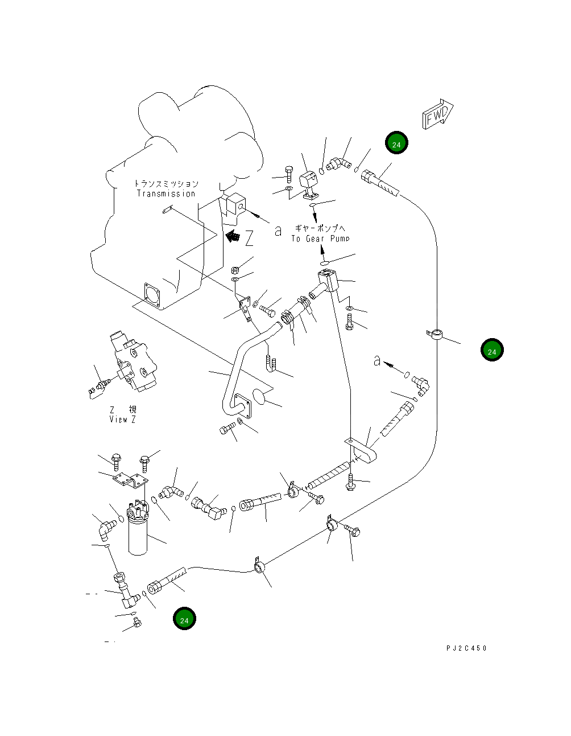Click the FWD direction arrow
coord(437,114)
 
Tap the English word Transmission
coord(166,194)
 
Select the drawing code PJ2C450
coord(466,648)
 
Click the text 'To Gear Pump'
coord(320,239)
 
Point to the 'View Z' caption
coord(122,420)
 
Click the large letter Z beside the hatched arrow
coord(249,238)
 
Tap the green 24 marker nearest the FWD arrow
coord(396,143)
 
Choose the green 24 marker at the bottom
coord(184,619)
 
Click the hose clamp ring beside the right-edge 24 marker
coord(435,334)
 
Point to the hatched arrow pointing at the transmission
coord(233,236)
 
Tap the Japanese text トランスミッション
coord(167,184)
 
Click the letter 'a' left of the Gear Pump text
coord(278,231)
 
